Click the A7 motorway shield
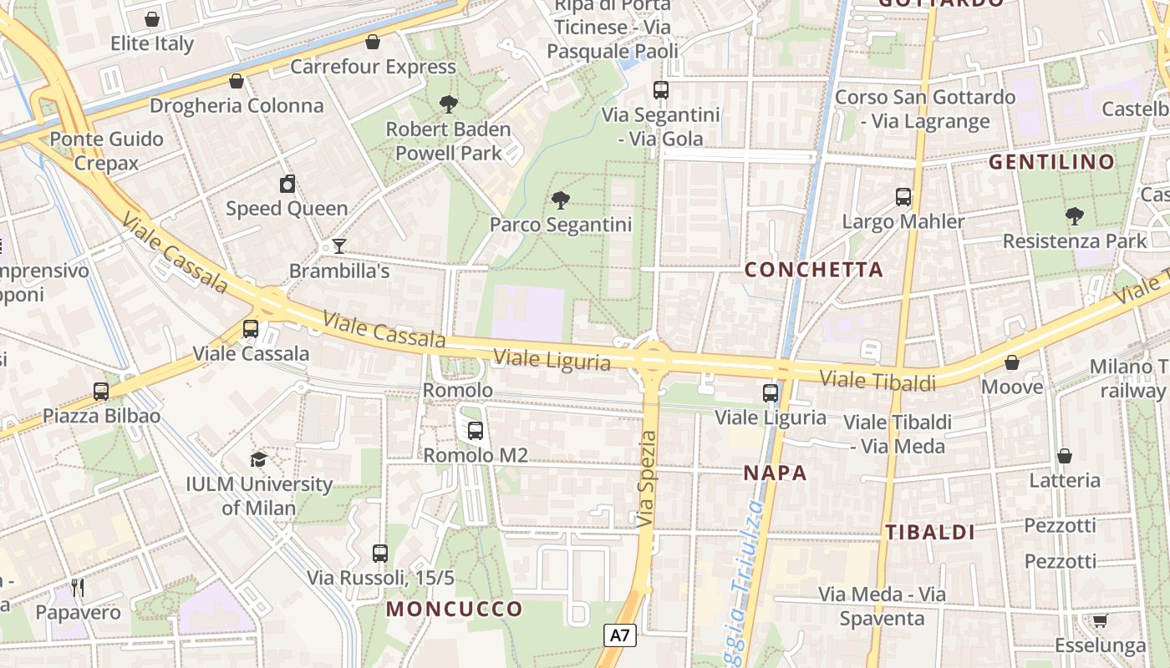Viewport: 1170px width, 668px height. tap(619, 635)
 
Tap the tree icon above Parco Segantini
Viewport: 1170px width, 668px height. tap(561, 200)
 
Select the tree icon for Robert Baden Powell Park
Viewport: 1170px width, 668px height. tap(449, 104)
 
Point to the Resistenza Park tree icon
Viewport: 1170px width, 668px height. tap(1075, 216)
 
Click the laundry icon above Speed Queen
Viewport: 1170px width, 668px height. tap(287, 184)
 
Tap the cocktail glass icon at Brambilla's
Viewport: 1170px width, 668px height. tap(338, 245)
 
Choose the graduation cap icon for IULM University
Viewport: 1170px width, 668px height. tap(259, 459)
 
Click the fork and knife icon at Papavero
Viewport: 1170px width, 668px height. tap(78, 588)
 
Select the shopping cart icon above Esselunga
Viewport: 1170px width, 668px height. tap(1100, 620)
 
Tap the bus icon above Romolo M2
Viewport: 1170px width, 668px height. tap(476, 431)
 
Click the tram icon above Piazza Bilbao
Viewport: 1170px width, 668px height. tap(101, 391)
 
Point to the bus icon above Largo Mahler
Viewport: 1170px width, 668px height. tap(903, 197)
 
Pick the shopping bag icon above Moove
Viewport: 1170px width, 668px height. tap(1012, 362)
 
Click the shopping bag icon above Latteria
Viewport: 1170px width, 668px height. tap(1065, 456)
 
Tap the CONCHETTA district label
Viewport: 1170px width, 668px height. tap(813, 269)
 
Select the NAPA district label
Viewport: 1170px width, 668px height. tap(776, 473)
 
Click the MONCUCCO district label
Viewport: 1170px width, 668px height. tap(454, 609)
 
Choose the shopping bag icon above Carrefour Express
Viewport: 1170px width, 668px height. tap(373, 42)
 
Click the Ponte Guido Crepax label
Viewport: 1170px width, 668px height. tap(106, 150)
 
